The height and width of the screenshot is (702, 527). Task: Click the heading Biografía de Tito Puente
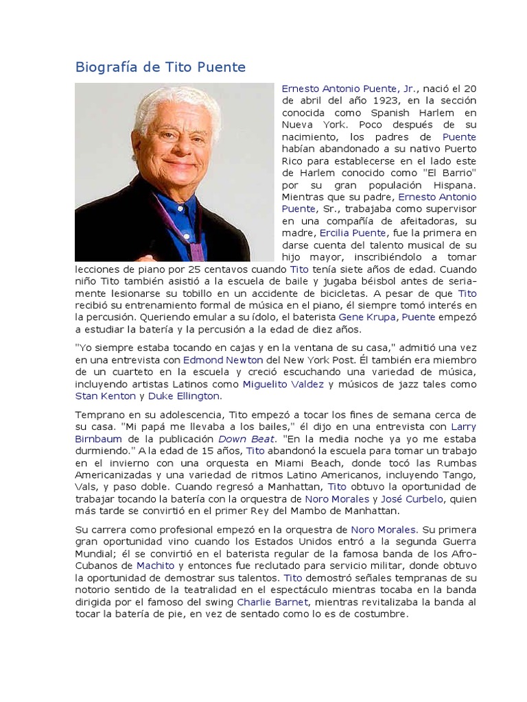point(159,67)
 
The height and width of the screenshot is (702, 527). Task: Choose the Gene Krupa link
point(368,317)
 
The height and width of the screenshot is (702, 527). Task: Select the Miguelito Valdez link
point(283,385)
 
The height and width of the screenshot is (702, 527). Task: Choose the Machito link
point(155,566)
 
